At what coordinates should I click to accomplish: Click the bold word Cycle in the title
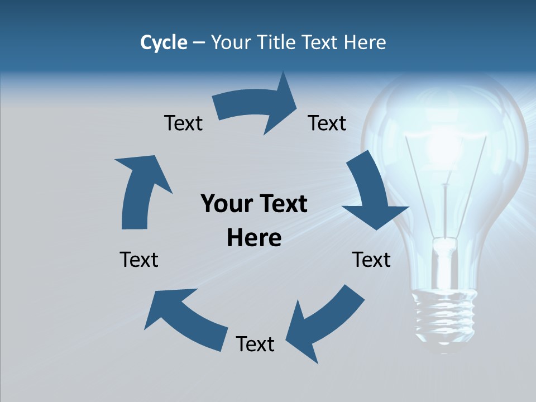pyautogui.click(x=164, y=42)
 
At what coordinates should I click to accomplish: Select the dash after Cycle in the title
pyautogui.click(x=199, y=43)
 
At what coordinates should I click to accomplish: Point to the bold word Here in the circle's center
pyautogui.click(x=254, y=238)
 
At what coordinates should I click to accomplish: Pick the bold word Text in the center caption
pyautogui.click(x=281, y=204)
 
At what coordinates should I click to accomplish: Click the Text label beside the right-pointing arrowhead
pyautogui.click(x=327, y=123)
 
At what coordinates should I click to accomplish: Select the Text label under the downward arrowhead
pyautogui.click(x=371, y=260)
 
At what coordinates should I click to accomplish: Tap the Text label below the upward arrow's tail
pyautogui.click(x=139, y=260)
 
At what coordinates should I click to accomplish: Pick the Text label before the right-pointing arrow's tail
pyautogui.click(x=183, y=123)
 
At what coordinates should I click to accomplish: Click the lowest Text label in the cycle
pyautogui.click(x=255, y=344)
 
